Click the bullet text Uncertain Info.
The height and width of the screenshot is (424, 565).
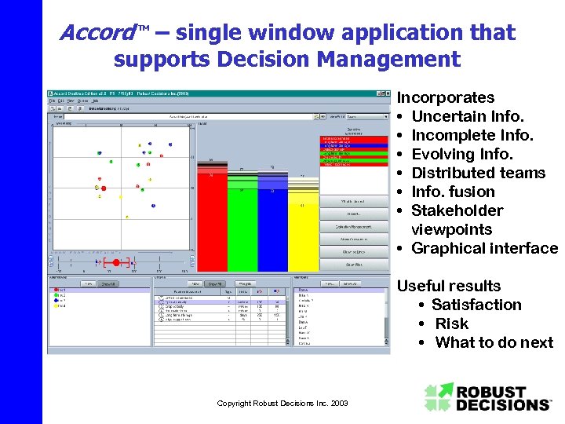pos(467,116)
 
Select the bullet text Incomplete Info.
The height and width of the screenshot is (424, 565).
pos(472,135)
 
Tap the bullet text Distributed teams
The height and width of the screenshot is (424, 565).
pos(478,173)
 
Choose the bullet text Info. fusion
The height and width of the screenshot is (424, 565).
pos(453,192)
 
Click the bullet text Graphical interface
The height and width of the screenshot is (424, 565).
pos(484,248)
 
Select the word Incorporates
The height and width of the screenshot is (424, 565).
pos(446,97)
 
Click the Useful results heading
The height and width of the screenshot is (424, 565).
pos(449,286)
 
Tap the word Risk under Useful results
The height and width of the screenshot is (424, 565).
pos(451,323)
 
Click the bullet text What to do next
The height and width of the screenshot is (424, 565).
pos(494,342)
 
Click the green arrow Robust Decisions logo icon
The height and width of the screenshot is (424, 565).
pos(439,397)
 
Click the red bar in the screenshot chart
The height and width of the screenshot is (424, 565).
pos(212,220)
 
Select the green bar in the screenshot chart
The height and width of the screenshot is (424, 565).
pos(242,224)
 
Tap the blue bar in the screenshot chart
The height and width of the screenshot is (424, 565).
pos(272,224)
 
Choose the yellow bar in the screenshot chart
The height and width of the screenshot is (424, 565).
pos(303,228)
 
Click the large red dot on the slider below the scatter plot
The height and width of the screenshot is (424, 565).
pos(116,261)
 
